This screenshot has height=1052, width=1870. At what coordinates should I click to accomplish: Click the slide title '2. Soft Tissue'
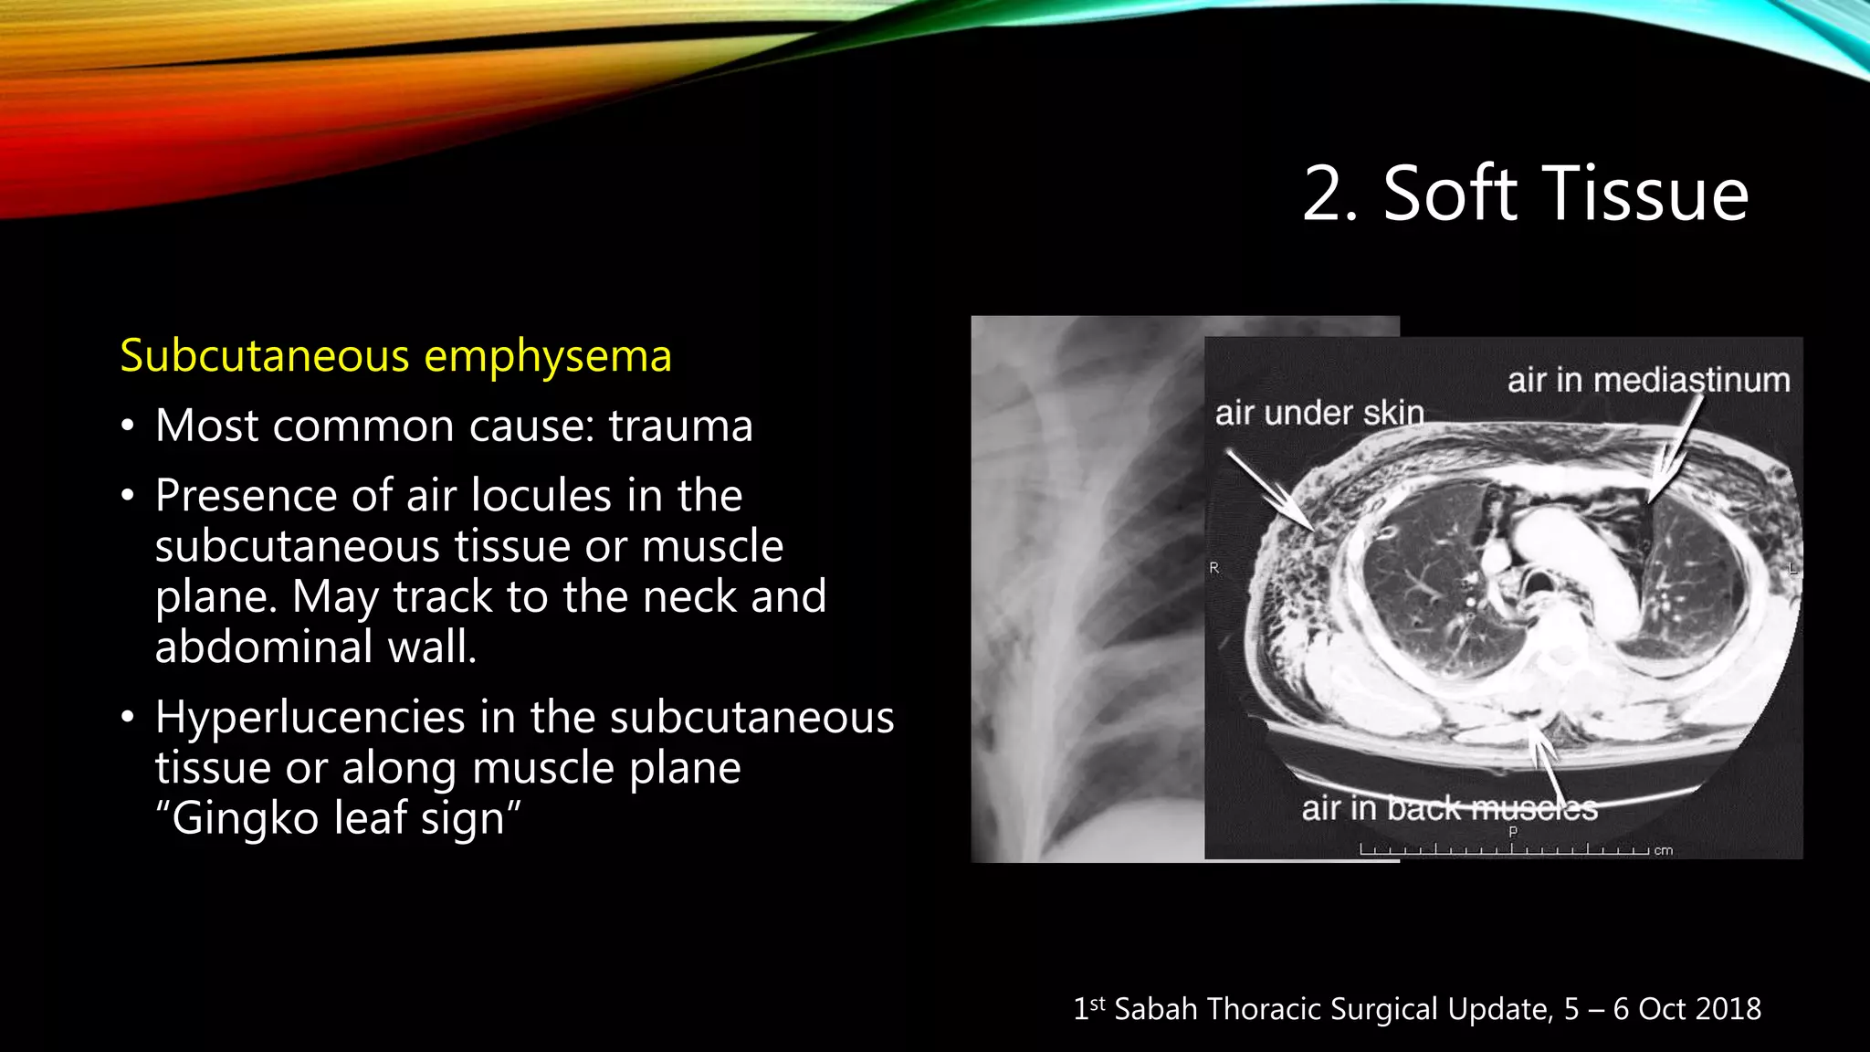(1525, 194)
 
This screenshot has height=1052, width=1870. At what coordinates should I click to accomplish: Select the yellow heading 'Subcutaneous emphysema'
(395, 355)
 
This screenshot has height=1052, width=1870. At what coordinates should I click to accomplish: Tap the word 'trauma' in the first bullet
(680, 426)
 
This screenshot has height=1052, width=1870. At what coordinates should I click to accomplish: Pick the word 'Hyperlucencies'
(310, 717)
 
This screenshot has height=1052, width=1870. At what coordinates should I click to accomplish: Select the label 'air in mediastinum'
(1648, 380)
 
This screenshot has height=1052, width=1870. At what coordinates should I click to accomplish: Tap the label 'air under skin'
(1319, 414)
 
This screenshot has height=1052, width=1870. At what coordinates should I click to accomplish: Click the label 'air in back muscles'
(1449, 808)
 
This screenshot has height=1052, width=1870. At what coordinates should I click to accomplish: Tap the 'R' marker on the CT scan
(1214, 568)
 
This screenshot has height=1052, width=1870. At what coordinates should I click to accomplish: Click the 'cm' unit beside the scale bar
(1664, 850)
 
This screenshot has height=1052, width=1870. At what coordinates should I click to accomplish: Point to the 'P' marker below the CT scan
(1513, 832)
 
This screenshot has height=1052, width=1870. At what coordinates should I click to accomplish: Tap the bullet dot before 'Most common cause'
(128, 426)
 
